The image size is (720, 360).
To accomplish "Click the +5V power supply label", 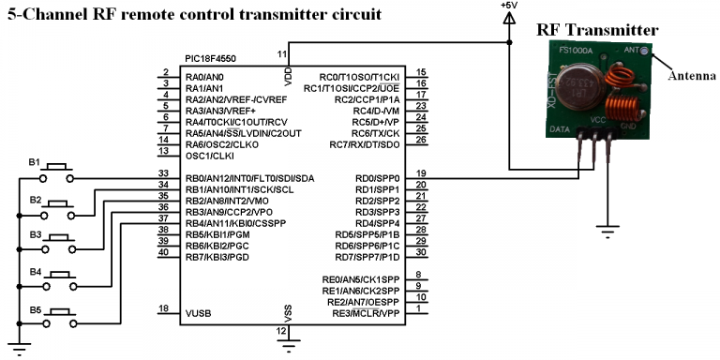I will click(509, 6).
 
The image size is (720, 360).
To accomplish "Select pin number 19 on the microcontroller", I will click(421, 173).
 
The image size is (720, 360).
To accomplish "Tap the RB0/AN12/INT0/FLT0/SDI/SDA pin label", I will click(250, 178).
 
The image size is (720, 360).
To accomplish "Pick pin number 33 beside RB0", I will click(163, 173).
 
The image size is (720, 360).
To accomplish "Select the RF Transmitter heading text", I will click(597, 30).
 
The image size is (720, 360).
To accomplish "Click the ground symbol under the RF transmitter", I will click(607, 232).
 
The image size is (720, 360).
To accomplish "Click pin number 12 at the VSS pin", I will click(280, 331).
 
